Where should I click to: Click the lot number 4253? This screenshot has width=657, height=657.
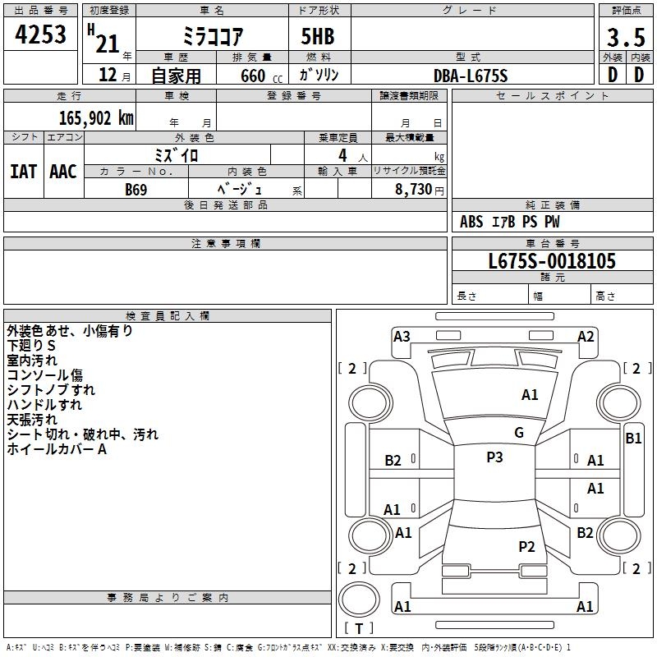coord(40,34)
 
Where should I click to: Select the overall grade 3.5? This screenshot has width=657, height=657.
coord(626,37)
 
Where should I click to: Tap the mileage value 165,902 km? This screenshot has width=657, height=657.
coord(96,118)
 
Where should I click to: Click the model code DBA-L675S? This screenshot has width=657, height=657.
coord(471,76)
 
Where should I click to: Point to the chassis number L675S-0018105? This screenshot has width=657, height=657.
coord(552,260)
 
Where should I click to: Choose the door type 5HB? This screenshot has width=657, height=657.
coord(318,36)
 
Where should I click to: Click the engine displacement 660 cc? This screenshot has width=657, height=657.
coord(261,76)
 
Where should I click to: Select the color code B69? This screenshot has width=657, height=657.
coord(136,190)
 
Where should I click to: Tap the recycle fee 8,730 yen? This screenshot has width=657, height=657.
coord(419,190)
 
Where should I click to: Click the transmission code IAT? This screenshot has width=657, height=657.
coord(23,172)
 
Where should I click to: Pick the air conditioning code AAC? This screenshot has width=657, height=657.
coord(63,172)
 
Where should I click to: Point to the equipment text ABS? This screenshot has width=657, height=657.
coord(471,222)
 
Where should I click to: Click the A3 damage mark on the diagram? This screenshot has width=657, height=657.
coord(402,337)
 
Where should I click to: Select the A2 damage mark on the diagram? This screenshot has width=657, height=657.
coord(586,337)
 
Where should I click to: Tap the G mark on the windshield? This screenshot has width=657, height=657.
coord(519,432)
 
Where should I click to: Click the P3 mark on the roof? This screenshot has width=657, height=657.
coord(494,457)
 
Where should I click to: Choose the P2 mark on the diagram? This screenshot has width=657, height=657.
coord(526,546)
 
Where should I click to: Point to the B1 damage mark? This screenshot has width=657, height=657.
coord(633,439)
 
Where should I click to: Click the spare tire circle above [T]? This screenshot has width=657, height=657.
coord(359,599)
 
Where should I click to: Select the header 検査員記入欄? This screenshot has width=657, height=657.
coord(168,316)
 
